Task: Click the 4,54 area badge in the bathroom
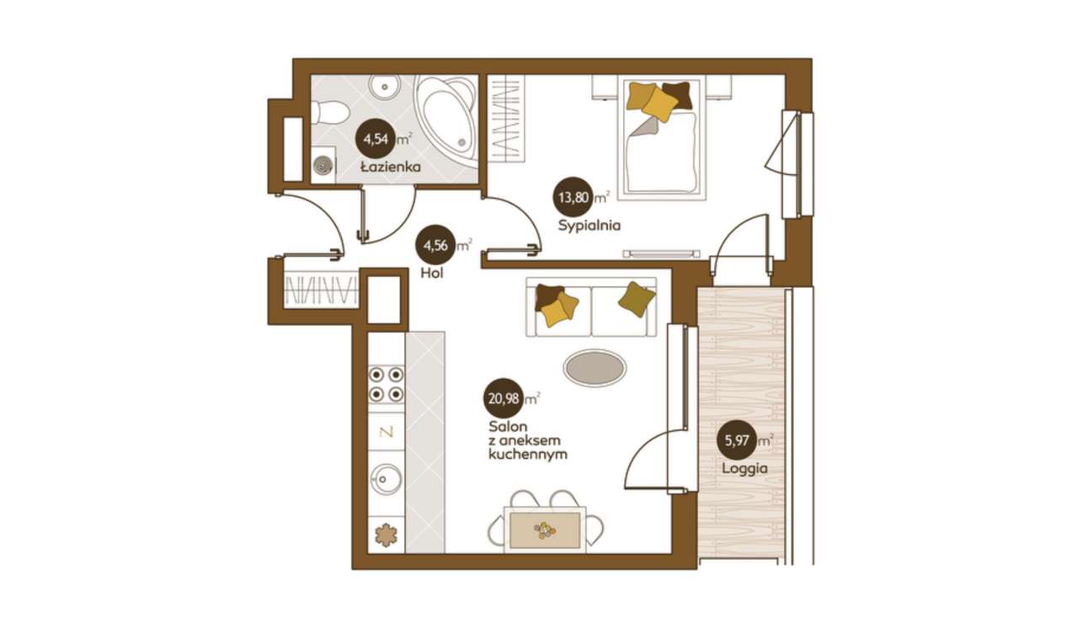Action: click(376, 140)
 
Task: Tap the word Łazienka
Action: click(391, 168)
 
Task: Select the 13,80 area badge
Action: click(573, 197)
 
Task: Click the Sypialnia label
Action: click(589, 225)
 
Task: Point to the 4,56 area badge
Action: click(435, 246)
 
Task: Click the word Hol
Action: click(432, 274)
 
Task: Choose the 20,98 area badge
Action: click(504, 399)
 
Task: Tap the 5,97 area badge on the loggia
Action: click(737, 441)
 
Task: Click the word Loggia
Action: click(744, 469)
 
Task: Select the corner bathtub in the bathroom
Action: click(446, 117)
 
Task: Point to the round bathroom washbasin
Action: click(385, 87)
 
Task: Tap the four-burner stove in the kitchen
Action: click(386, 385)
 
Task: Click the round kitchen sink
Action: click(386, 479)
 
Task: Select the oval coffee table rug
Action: click(595, 368)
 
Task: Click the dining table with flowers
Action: click(545, 530)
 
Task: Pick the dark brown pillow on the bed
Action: click(678, 95)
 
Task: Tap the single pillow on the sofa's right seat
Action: click(636, 299)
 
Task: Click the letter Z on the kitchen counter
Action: click(387, 432)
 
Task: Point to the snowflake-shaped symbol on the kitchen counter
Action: click(386, 535)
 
